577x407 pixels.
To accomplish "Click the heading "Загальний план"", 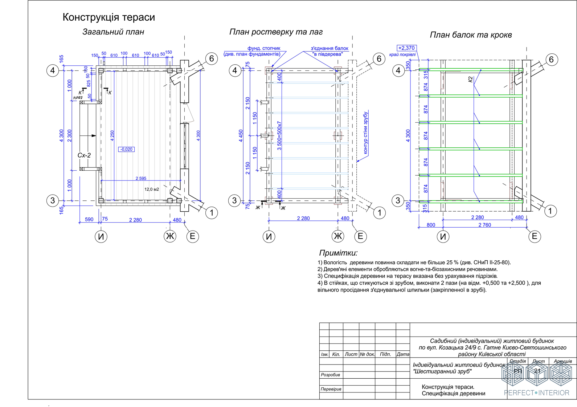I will (113, 32).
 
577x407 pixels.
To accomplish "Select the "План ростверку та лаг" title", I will (276, 32).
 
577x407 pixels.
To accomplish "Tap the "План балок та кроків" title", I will (471, 35).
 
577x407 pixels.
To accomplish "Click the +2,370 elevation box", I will (406, 48).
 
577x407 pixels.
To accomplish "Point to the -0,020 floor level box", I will (126, 149).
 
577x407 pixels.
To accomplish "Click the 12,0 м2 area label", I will (152, 189).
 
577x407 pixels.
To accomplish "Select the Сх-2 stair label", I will (84, 155).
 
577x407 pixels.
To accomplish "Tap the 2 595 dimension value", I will (141, 178).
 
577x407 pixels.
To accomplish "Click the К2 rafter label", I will (470, 79).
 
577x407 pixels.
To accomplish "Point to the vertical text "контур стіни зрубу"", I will (365, 133).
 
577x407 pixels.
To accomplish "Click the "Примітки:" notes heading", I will (338, 253).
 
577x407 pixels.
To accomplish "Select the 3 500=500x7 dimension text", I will (279, 135).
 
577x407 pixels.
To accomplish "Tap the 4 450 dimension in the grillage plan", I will (241, 135).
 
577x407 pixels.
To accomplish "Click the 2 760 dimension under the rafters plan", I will (484, 225).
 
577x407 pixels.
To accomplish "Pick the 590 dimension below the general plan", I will (89, 219).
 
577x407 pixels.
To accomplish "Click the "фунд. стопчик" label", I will (264, 48).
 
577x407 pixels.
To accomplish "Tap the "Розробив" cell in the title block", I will (331, 375).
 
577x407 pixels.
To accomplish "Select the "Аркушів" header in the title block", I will (562, 361).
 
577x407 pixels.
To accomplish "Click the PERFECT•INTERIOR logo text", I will (536, 393).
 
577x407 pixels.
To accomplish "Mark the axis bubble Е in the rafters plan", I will (534, 236).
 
